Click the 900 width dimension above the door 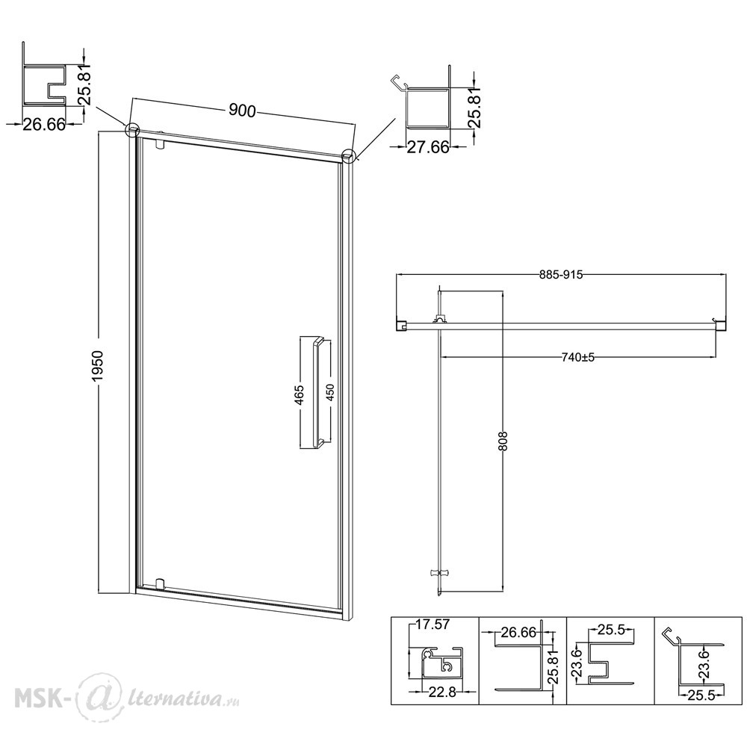[x=243, y=111]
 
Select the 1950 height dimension [x=98, y=366]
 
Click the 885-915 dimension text [x=561, y=274]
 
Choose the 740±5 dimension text [x=578, y=357]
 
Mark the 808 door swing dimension [x=504, y=441]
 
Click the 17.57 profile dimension [x=432, y=624]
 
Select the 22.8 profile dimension [x=442, y=692]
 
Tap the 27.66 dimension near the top [x=428, y=147]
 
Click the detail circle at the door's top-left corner [x=132, y=130]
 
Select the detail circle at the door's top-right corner [x=349, y=156]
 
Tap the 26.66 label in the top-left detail [x=44, y=124]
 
